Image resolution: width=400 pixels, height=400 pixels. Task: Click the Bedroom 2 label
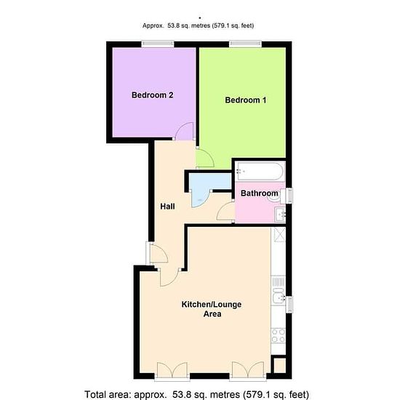[152, 95]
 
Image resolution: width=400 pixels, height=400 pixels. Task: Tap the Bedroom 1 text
[245, 100]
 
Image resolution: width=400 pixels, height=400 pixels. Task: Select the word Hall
[167, 206]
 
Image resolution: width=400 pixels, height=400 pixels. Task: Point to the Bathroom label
[259, 193]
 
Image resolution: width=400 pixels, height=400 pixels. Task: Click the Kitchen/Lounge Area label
[212, 309]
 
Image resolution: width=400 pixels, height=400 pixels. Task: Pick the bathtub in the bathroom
[260, 171]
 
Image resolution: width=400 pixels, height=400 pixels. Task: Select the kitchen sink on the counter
[279, 296]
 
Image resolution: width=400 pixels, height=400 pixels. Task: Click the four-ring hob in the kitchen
[279, 336]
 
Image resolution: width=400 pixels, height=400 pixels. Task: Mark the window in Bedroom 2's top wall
[158, 44]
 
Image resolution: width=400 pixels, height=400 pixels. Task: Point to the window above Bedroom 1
[245, 44]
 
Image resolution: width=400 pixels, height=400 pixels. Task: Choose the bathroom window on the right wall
[289, 196]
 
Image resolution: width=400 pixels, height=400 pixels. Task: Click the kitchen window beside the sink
[289, 304]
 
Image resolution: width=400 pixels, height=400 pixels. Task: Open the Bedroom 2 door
[185, 131]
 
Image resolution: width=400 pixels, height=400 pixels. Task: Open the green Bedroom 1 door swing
[205, 159]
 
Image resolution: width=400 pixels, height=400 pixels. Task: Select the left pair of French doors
[172, 370]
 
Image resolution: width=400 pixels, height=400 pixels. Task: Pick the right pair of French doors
[248, 370]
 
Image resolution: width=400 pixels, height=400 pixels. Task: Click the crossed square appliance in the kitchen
[280, 235]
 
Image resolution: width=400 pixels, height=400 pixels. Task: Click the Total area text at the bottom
[196, 394]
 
